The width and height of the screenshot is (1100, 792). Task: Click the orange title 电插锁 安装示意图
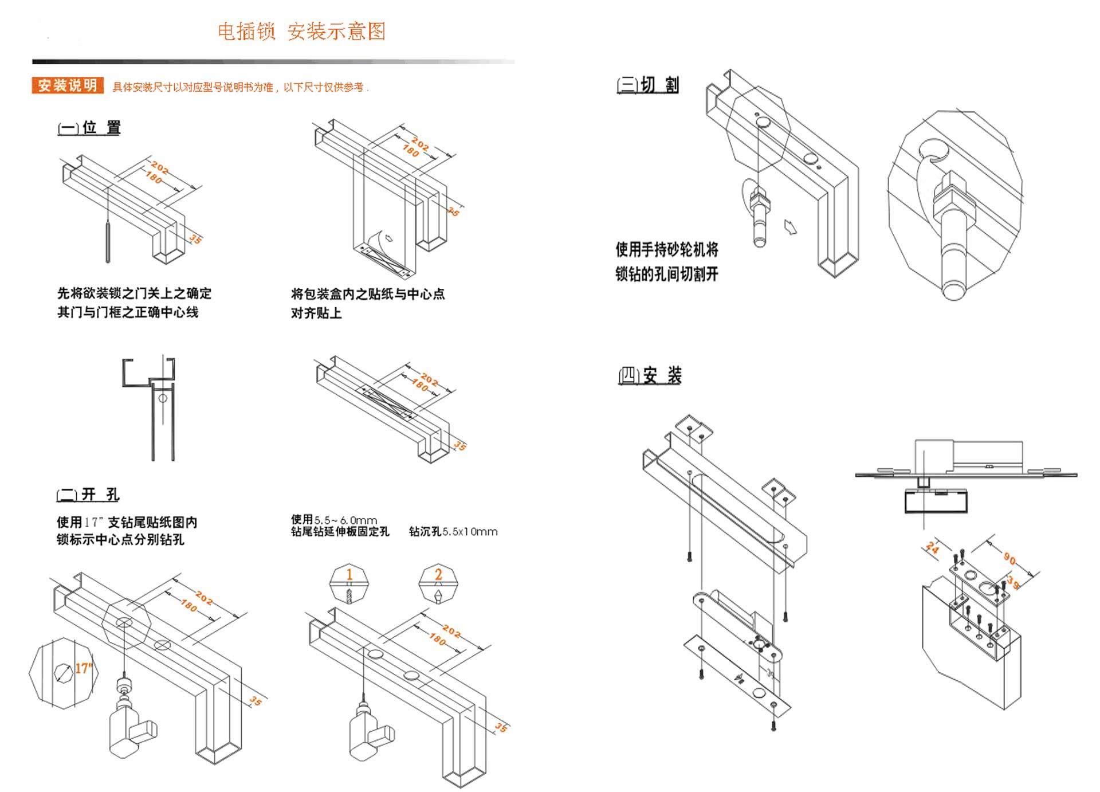point(301,31)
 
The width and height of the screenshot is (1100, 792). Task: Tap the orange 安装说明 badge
point(68,85)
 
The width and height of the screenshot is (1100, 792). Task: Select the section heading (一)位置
point(89,127)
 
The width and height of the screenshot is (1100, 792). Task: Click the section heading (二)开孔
point(88,494)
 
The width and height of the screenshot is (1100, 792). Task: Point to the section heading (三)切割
point(647,85)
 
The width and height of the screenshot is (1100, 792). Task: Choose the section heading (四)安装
point(650,375)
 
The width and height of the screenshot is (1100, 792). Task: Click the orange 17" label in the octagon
point(83,668)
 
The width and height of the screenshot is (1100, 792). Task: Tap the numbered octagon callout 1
point(349,583)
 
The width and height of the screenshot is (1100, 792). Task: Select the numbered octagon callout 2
point(438,583)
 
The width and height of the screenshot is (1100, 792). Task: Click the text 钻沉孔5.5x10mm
point(453,531)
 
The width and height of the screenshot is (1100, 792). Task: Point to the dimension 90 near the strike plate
point(1009,559)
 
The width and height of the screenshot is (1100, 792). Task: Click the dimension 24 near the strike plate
point(932,548)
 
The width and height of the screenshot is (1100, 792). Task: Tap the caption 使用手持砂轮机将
point(667,249)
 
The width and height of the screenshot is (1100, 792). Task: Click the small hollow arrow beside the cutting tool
point(790,228)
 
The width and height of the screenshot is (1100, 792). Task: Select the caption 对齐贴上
point(316,313)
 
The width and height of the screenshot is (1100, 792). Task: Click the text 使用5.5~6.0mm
point(333,520)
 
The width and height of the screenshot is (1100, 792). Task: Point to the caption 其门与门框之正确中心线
point(128,312)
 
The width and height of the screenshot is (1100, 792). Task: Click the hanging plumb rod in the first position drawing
point(107,241)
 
